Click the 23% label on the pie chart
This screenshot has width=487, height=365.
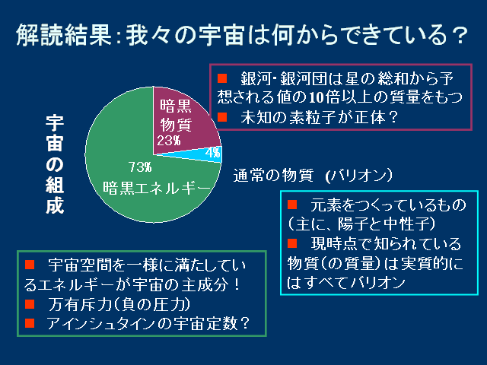[x=169, y=141]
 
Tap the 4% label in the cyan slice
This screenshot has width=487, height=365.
[x=213, y=152]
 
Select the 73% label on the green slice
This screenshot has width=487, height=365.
[x=140, y=167]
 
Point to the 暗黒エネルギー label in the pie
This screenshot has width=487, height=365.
[x=157, y=188]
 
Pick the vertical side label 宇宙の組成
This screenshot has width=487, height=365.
[x=55, y=164]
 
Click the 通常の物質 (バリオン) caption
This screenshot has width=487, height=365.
[x=313, y=176]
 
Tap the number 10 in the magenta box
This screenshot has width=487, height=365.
[x=317, y=97]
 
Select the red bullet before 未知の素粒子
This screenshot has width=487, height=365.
[x=222, y=117]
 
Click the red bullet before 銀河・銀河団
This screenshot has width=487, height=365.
[x=222, y=78]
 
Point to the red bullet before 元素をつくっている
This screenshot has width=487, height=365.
[x=292, y=205]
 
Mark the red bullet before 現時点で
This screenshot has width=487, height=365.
[x=292, y=243]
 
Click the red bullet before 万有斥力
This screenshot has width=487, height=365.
[x=30, y=304]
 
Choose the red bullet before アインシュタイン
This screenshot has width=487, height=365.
[x=30, y=323]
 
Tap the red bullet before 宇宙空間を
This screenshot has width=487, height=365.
[x=30, y=265]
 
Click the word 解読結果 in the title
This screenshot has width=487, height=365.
[x=64, y=35]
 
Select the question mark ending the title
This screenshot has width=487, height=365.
[x=460, y=35]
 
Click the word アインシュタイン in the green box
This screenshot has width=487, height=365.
[x=101, y=323]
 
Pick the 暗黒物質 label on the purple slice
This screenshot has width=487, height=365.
[x=176, y=116]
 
